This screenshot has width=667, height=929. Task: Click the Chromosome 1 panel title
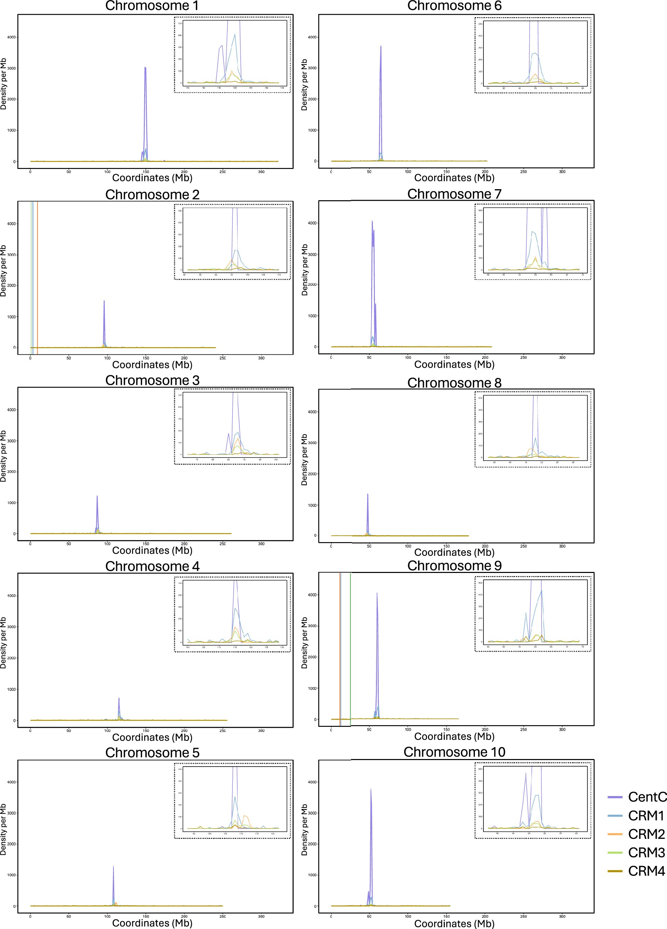(152, 6)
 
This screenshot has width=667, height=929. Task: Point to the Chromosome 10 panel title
(454, 752)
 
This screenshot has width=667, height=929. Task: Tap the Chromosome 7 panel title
(454, 194)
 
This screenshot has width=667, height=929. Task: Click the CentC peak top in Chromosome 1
(145, 68)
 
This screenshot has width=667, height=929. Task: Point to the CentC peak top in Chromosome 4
(119, 698)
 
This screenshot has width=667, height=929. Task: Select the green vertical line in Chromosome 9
(351, 647)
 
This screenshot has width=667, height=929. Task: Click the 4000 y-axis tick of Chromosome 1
(11, 37)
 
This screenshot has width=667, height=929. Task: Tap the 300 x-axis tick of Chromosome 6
(562, 172)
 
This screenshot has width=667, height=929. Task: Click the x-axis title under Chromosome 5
(152, 923)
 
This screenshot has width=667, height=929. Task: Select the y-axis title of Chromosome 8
(304, 460)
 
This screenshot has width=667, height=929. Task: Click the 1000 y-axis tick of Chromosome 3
(11, 503)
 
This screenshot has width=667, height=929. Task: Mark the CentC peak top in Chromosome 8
(367, 494)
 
